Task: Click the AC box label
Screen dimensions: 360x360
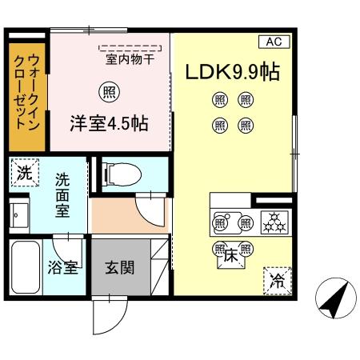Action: [274, 42]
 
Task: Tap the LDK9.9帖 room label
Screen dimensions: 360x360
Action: [233, 72]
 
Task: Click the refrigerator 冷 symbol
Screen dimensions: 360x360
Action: [278, 280]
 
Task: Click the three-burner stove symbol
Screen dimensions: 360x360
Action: [274, 222]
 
